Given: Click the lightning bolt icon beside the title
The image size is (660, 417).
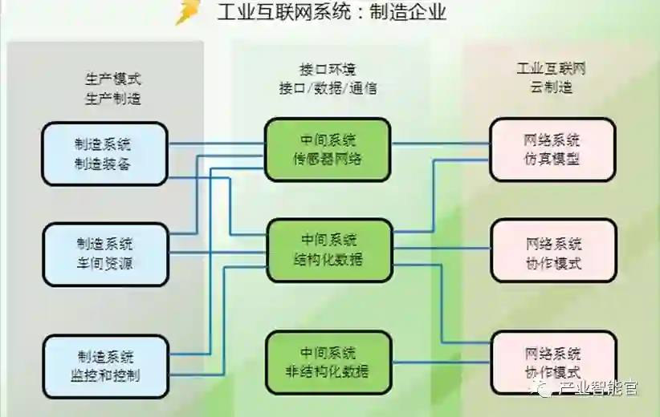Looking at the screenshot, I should pos(187,12).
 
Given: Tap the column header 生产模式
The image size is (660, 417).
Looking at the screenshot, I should pos(113,79).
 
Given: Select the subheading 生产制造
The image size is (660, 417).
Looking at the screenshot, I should pos(113,99).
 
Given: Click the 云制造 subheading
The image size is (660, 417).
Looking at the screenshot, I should pos(552,88).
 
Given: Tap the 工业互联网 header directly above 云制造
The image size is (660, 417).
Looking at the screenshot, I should pos(552,69).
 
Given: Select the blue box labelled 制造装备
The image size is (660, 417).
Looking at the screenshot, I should pos(105,154).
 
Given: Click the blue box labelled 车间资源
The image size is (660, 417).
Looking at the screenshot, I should pos(105,254).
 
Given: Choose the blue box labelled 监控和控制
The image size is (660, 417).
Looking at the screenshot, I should pos(105,366).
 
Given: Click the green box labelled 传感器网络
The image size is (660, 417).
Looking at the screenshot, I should pos(328,149).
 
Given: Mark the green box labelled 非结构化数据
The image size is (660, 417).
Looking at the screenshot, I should pos(328,362).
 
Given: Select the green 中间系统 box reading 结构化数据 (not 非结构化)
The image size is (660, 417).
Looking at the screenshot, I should pos(328,250).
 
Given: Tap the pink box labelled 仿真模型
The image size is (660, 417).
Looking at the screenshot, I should pos(552,149).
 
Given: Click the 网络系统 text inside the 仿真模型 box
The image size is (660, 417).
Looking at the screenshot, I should pos(552,140).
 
